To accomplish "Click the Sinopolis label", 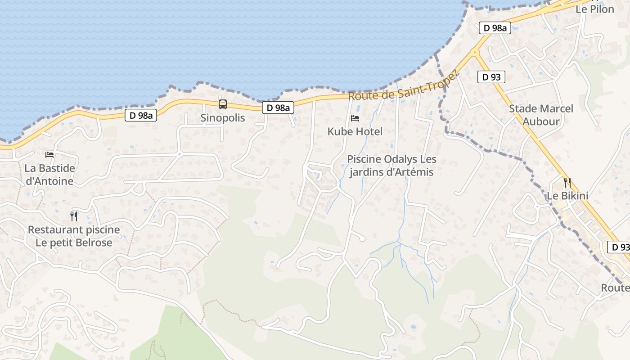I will [223, 118].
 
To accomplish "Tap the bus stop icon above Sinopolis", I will [223, 104].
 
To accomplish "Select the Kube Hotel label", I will [355, 131].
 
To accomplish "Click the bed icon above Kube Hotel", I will [355, 118].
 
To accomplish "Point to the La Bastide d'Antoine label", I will [49, 175].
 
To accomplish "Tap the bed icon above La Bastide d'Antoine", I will [49, 155].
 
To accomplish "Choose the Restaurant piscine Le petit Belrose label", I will [74, 236].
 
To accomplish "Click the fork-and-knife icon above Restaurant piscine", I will [74, 216].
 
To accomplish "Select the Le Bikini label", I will [567, 196].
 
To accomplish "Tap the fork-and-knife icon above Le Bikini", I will [567, 183].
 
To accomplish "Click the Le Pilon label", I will [595, 9].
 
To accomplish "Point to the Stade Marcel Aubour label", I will [541, 115].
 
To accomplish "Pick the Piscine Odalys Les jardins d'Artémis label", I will [391, 166].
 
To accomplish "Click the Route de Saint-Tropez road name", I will [403, 86].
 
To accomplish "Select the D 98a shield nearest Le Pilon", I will [494, 28].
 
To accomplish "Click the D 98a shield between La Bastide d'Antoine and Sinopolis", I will [141, 116].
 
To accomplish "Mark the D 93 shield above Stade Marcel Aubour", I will [491, 77].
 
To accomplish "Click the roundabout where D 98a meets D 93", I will [474, 52].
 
